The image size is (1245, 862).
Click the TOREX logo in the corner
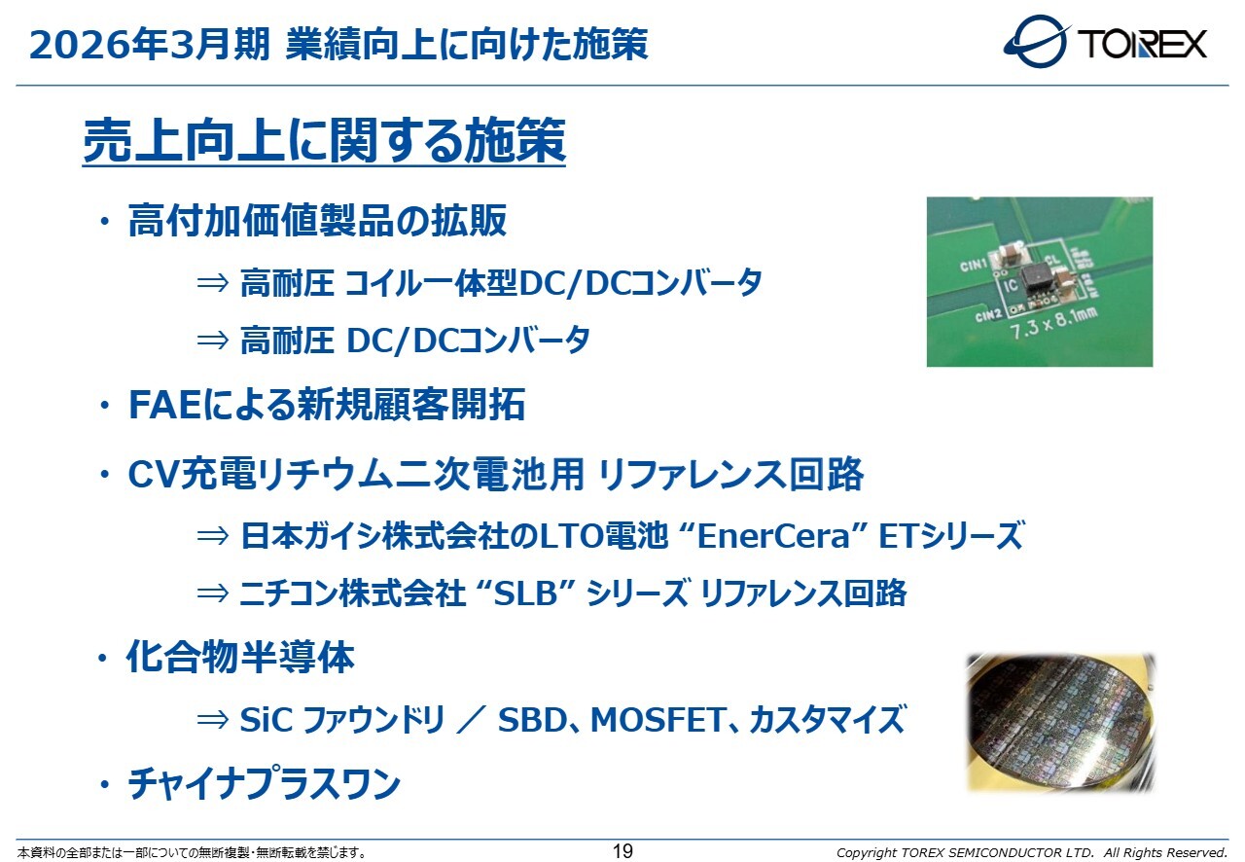(x=1105, y=42)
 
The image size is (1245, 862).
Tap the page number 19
(x=622, y=851)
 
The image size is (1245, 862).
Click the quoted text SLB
(x=525, y=593)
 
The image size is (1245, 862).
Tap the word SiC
(x=266, y=720)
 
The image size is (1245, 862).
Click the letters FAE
(x=164, y=405)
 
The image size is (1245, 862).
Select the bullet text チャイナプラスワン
(x=265, y=783)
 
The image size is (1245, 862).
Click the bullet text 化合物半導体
(x=240, y=657)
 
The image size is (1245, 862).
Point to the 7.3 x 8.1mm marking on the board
(x=1053, y=323)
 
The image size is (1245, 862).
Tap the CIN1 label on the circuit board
(x=974, y=266)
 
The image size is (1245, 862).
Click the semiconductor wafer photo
(x=1060, y=722)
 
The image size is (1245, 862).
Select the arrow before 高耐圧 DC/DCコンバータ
(x=213, y=341)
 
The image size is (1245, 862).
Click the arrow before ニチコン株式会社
(x=213, y=593)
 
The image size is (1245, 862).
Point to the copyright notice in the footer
(x=1032, y=852)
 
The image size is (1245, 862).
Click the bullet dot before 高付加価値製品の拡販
(x=104, y=222)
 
